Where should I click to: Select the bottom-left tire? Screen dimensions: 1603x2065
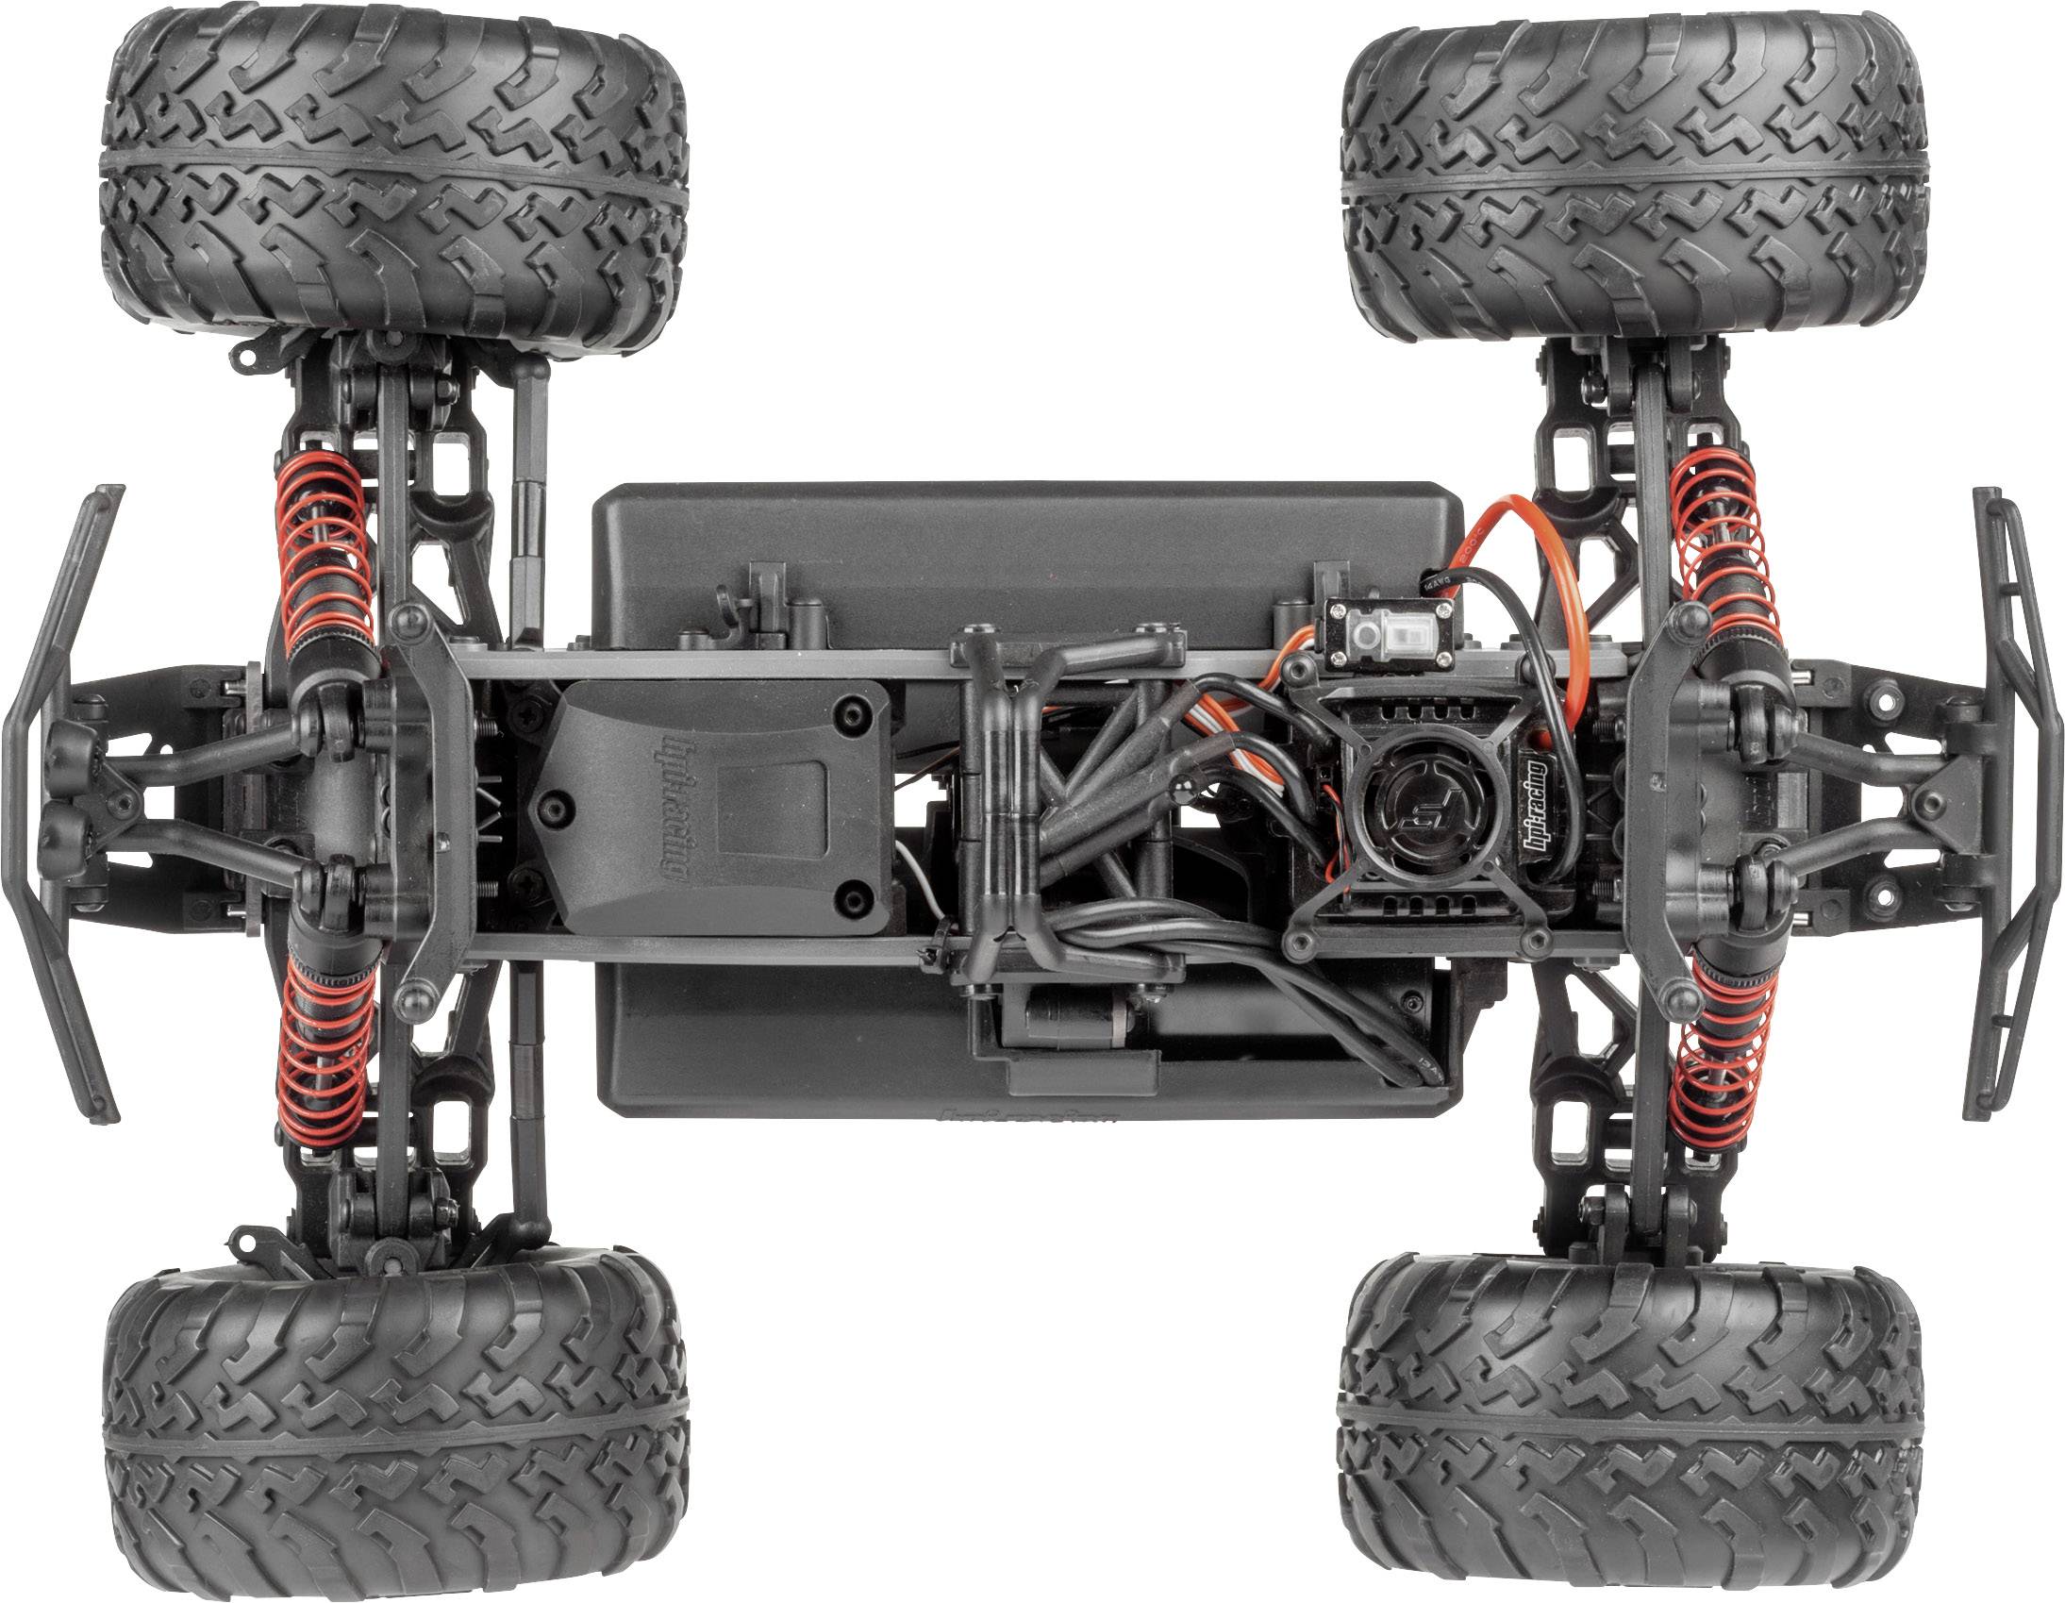pyautogui.click(x=395, y=1423)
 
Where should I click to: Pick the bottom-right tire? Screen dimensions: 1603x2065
pyautogui.click(x=1628, y=1423)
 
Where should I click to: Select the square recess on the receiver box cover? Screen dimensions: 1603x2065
pyautogui.click(x=772, y=810)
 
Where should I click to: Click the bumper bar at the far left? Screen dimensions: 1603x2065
pyautogui.click(x=57, y=804)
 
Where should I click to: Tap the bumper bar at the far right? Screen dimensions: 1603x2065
pyautogui.click(x=2014, y=804)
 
